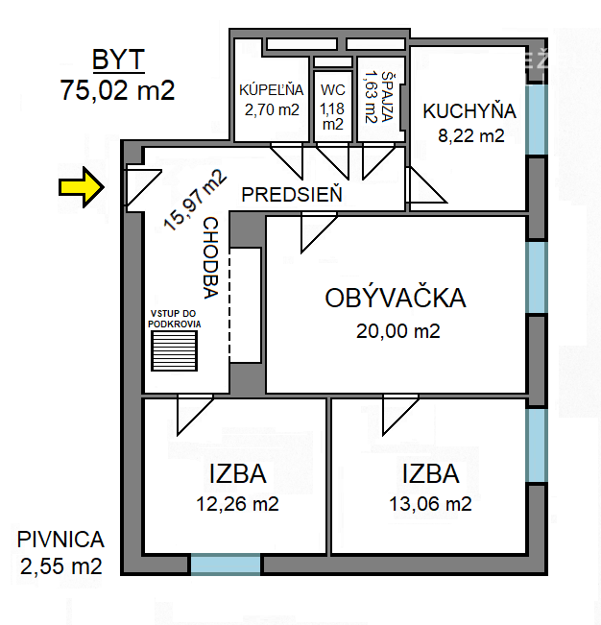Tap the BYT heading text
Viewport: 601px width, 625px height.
pos(118,60)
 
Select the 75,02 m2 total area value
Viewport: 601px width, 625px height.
pos(118,90)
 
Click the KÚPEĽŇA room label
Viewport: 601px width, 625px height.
pos(272,90)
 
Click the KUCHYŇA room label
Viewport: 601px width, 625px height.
pos(469,110)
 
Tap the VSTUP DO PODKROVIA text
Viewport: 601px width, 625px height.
pos(175,318)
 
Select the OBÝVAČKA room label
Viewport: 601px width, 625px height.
pos(396,298)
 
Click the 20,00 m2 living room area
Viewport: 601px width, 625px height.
pos(397,331)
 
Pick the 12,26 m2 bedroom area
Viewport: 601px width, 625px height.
pos(237,503)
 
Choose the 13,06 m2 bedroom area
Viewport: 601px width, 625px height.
pos(429,503)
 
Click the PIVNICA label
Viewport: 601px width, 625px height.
pos(60,540)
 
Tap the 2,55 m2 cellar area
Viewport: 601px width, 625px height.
pos(60,565)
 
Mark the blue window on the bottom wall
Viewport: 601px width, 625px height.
pos(226,565)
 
